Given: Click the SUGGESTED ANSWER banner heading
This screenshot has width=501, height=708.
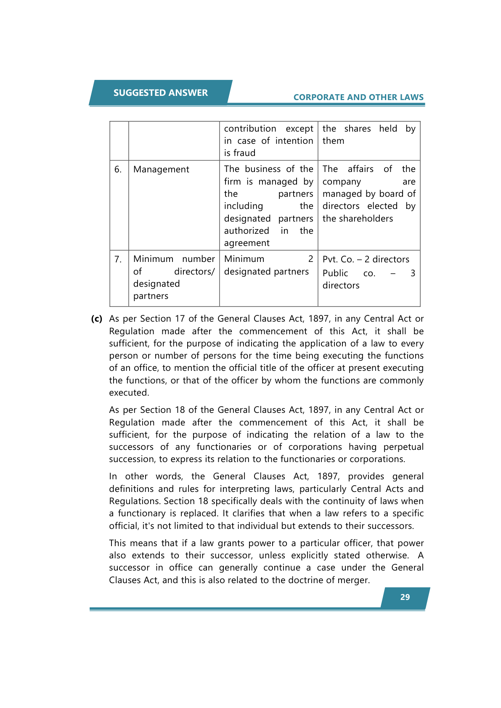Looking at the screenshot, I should (x=160, y=93).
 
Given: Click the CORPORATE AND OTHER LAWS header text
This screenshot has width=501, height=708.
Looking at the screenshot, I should (x=358, y=97).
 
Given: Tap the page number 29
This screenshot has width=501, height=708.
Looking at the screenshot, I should (x=405, y=597).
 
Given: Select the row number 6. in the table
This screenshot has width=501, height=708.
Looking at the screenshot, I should (x=118, y=169).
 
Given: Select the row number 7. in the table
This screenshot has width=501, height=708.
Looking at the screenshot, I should (x=118, y=259).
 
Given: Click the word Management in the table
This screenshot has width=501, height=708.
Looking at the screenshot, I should (x=161, y=169).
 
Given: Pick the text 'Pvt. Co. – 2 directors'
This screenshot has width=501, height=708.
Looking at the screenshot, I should (x=366, y=259).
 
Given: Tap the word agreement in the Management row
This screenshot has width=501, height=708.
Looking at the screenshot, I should (x=247, y=243).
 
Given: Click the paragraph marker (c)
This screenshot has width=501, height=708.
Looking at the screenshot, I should (x=97, y=319).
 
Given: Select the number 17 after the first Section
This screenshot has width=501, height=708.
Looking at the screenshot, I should (x=180, y=319).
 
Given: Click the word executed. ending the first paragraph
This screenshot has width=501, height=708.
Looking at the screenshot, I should (x=129, y=393).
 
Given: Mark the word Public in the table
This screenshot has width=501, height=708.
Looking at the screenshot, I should (x=335, y=273).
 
